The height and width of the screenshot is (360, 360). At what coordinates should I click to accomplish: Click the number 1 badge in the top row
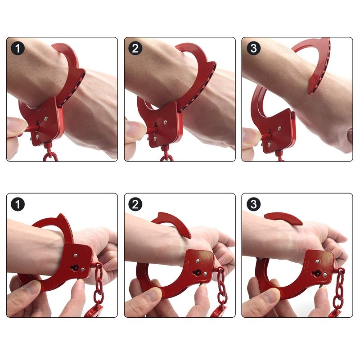click(18, 48)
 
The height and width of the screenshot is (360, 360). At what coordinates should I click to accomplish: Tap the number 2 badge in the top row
click(135, 48)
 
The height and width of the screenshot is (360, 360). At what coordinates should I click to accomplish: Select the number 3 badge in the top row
click(253, 48)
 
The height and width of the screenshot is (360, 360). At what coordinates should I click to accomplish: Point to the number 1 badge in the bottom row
click(18, 204)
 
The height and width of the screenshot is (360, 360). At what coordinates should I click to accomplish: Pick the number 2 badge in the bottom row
click(135, 204)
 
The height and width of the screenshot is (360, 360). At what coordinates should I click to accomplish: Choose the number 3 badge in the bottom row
click(253, 204)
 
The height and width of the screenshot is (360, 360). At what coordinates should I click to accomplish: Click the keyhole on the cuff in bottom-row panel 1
click(74, 267)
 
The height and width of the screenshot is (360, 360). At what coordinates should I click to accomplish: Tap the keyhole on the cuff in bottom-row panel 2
click(197, 273)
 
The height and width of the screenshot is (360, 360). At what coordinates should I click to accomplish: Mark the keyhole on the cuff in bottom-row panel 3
click(317, 273)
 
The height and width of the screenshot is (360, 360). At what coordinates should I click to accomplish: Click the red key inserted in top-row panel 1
click(32, 128)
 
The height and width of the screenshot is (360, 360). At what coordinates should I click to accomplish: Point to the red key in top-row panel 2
click(152, 130)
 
